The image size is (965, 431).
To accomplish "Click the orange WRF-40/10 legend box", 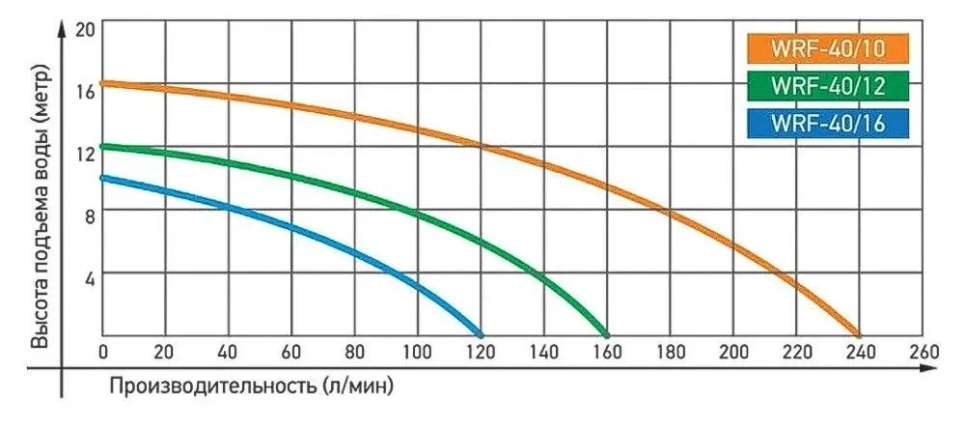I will (828, 47).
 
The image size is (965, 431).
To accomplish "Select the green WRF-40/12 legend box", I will (828, 85).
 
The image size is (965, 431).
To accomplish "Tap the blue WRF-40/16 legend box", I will (828, 123).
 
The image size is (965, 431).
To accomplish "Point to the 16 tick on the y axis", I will (85, 92).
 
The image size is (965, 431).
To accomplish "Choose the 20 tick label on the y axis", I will (85, 29).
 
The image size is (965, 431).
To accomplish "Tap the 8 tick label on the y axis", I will (89, 215).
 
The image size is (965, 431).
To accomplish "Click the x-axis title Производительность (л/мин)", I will (252, 386).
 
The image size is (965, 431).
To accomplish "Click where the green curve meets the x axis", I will (607, 332).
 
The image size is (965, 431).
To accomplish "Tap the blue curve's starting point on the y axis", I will (103, 177).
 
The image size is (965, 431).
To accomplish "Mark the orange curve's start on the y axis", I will (103, 83).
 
